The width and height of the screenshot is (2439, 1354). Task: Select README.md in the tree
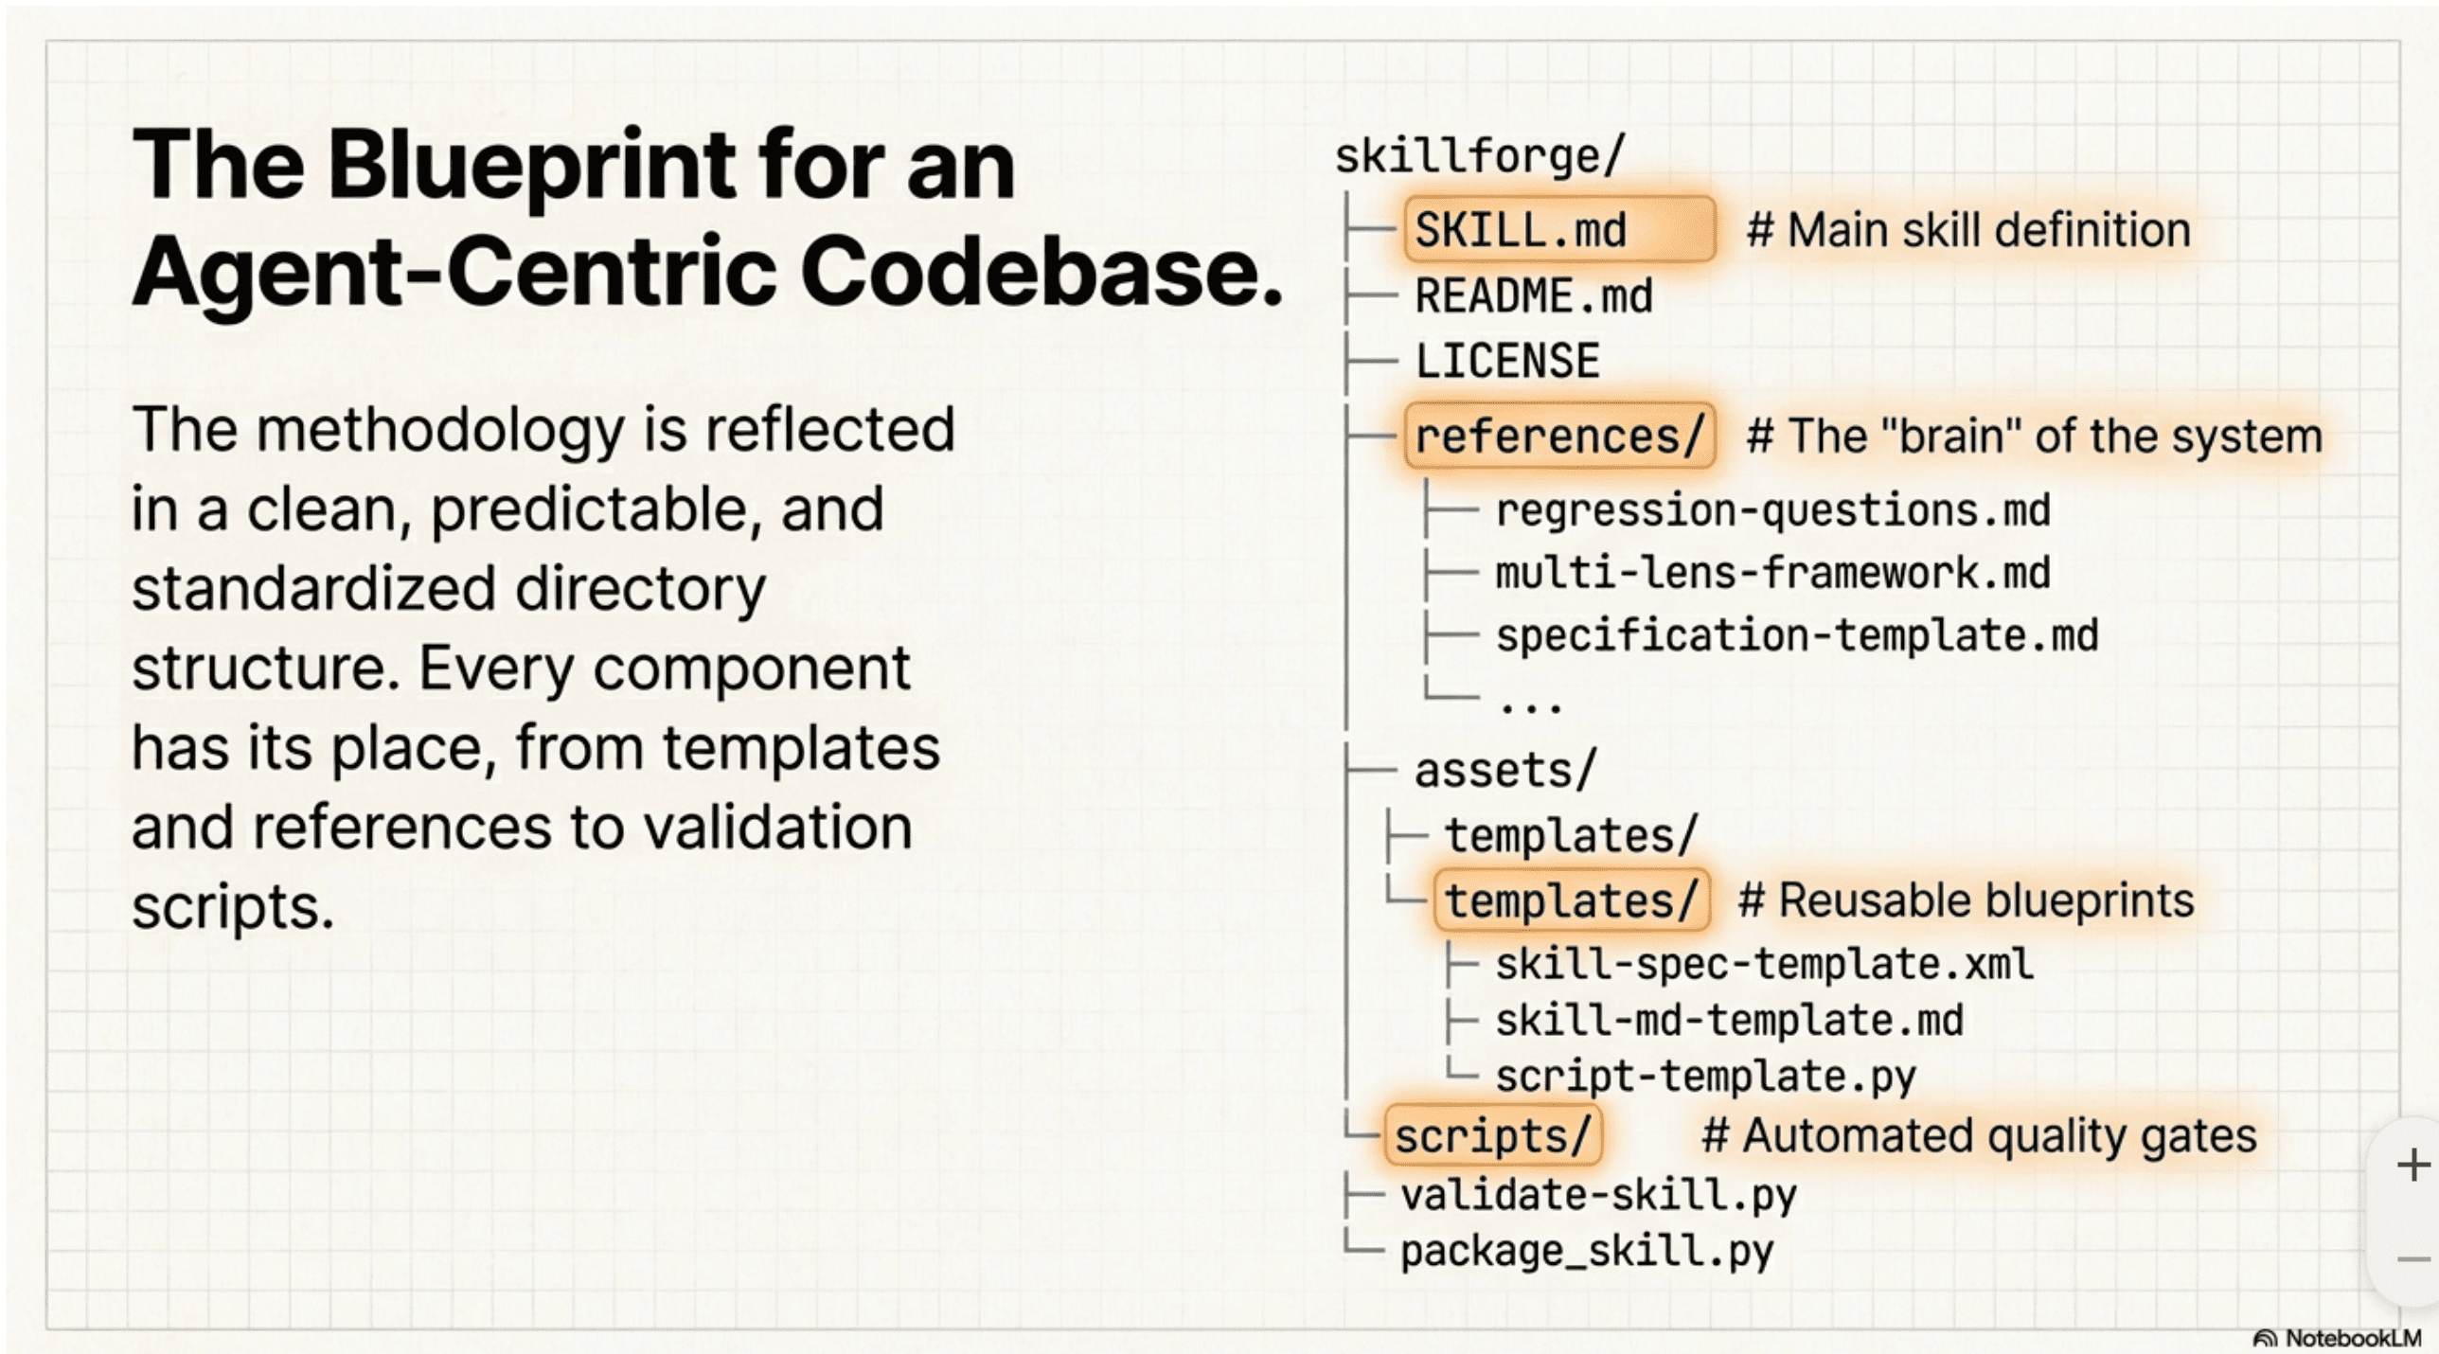tap(1533, 296)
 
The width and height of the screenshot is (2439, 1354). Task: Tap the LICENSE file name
tap(1506, 362)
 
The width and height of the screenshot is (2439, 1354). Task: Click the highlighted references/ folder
tap(1558, 436)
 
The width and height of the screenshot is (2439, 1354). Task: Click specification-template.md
tap(1796, 635)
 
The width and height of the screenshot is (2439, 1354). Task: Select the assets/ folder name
tap(1504, 770)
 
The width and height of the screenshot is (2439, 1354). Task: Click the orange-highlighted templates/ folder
tap(1571, 900)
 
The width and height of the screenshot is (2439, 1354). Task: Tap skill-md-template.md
tap(1729, 1021)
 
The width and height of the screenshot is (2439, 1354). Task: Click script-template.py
tap(1705, 1077)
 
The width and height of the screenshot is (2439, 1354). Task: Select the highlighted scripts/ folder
tap(1492, 1135)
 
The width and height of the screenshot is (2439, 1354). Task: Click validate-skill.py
tap(1597, 1195)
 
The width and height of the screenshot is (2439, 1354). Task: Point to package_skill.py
tap(1586, 1252)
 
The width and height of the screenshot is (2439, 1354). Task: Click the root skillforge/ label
tap(1479, 156)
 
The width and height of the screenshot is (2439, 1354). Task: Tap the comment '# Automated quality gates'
tap(1979, 1135)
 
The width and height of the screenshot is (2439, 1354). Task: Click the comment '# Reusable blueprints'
tap(1966, 900)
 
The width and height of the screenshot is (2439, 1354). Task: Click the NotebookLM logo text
tap(2352, 1338)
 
